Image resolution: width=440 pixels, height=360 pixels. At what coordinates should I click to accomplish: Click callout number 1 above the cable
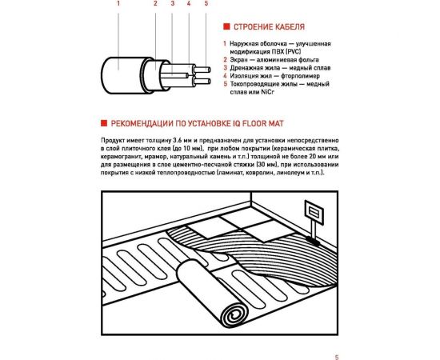point(118,3)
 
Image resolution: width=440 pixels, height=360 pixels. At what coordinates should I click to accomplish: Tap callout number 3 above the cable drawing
point(173,3)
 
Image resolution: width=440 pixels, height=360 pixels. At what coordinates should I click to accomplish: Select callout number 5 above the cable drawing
point(206,3)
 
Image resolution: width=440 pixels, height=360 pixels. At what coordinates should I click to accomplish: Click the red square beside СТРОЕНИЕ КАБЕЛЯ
point(226,26)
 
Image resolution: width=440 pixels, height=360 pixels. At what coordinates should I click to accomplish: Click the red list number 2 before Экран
point(225,59)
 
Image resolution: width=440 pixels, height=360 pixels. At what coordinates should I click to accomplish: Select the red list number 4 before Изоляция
point(225,76)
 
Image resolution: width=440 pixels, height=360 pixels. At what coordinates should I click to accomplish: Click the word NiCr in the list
point(267,92)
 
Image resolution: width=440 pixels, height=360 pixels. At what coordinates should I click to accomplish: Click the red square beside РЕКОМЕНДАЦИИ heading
point(104,123)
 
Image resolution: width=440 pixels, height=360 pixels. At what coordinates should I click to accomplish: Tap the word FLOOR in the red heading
point(254,123)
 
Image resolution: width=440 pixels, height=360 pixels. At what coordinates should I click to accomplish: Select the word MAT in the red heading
point(277,123)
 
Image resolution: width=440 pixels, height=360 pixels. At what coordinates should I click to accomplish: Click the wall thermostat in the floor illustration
point(314,212)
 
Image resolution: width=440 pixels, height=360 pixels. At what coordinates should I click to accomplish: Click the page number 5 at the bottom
point(337,357)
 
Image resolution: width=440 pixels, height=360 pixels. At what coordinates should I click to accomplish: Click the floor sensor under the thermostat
point(313,241)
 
